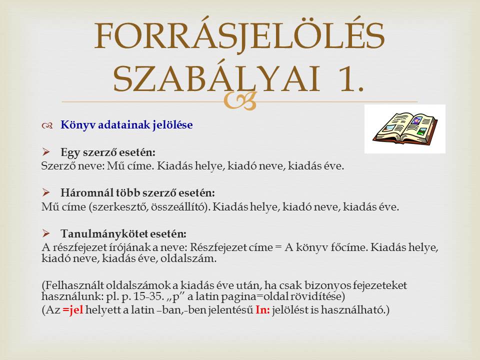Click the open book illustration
(405, 128)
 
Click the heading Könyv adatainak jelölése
(126, 125)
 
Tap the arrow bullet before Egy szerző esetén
(46, 151)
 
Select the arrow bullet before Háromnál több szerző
(46, 192)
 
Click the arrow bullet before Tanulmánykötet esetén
(46, 233)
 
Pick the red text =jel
(73, 310)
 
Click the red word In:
(262, 310)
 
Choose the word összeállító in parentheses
(178, 207)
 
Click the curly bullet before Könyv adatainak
(47, 125)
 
